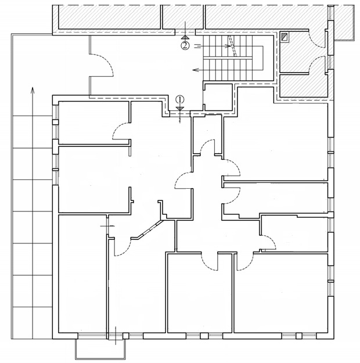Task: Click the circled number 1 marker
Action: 180,99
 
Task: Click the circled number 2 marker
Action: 185,46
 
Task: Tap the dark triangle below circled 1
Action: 180,109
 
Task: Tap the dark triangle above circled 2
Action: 185,37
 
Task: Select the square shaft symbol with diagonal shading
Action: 285,37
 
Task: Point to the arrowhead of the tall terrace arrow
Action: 33,90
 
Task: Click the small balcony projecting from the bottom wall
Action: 100,349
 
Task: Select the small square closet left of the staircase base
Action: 218,97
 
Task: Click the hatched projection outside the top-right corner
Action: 344,23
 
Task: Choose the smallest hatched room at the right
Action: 303,86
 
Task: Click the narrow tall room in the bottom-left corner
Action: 82,274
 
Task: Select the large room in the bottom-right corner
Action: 281,293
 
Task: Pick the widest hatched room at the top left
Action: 109,17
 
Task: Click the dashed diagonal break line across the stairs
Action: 232,46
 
